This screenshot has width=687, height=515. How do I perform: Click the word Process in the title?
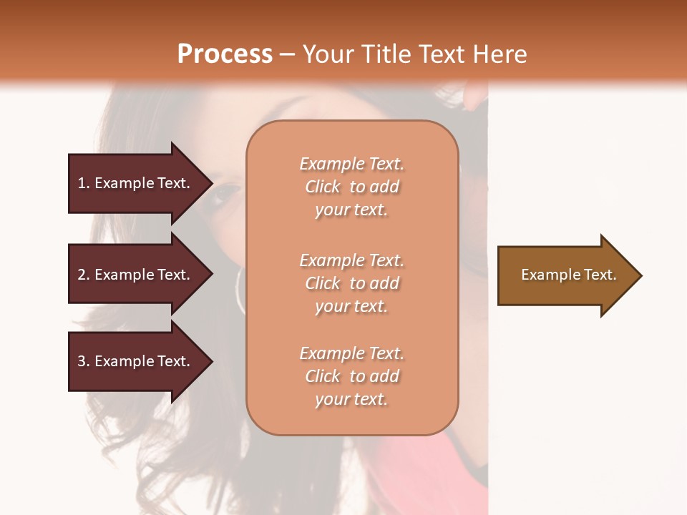(225, 54)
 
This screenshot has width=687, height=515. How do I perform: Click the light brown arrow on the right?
(565, 275)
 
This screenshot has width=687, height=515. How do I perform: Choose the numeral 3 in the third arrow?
(82, 361)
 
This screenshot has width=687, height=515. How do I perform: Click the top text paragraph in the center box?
(351, 187)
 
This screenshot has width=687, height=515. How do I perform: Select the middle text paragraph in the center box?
(351, 283)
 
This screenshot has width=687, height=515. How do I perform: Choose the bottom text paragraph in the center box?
(351, 376)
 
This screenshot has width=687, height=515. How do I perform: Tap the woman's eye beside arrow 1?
(228, 192)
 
